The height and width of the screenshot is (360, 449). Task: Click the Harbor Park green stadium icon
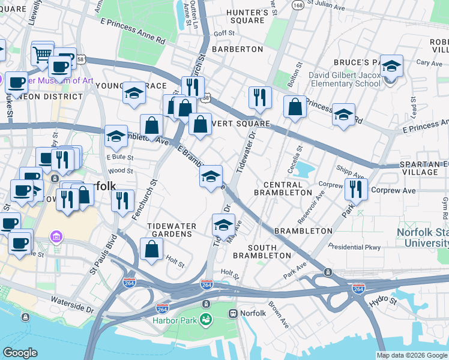point(206,319)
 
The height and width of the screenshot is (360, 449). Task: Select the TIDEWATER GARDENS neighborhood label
point(172,230)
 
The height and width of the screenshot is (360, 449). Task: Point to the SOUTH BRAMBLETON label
point(255,251)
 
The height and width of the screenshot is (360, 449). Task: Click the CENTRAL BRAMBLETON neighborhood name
point(283,188)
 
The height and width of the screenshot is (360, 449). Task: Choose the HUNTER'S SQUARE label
point(247,16)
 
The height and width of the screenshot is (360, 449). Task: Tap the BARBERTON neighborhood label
point(238,49)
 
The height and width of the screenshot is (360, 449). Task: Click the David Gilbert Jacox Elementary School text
point(344,79)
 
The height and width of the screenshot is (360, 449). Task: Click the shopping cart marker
point(43,54)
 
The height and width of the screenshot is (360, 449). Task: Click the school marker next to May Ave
point(223,226)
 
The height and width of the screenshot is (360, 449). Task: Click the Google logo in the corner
point(20,353)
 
